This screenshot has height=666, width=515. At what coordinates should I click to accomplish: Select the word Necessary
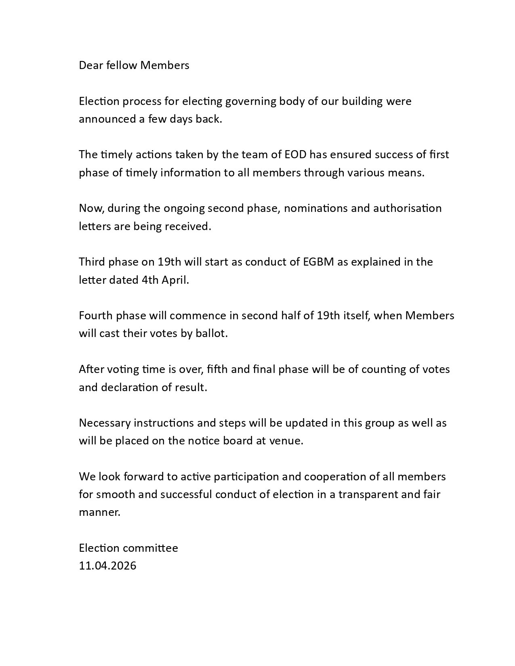(x=105, y=423)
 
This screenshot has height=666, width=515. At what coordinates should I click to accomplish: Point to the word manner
(x=99, y=513)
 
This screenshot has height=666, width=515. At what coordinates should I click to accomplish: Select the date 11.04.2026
(x=107, y=566)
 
